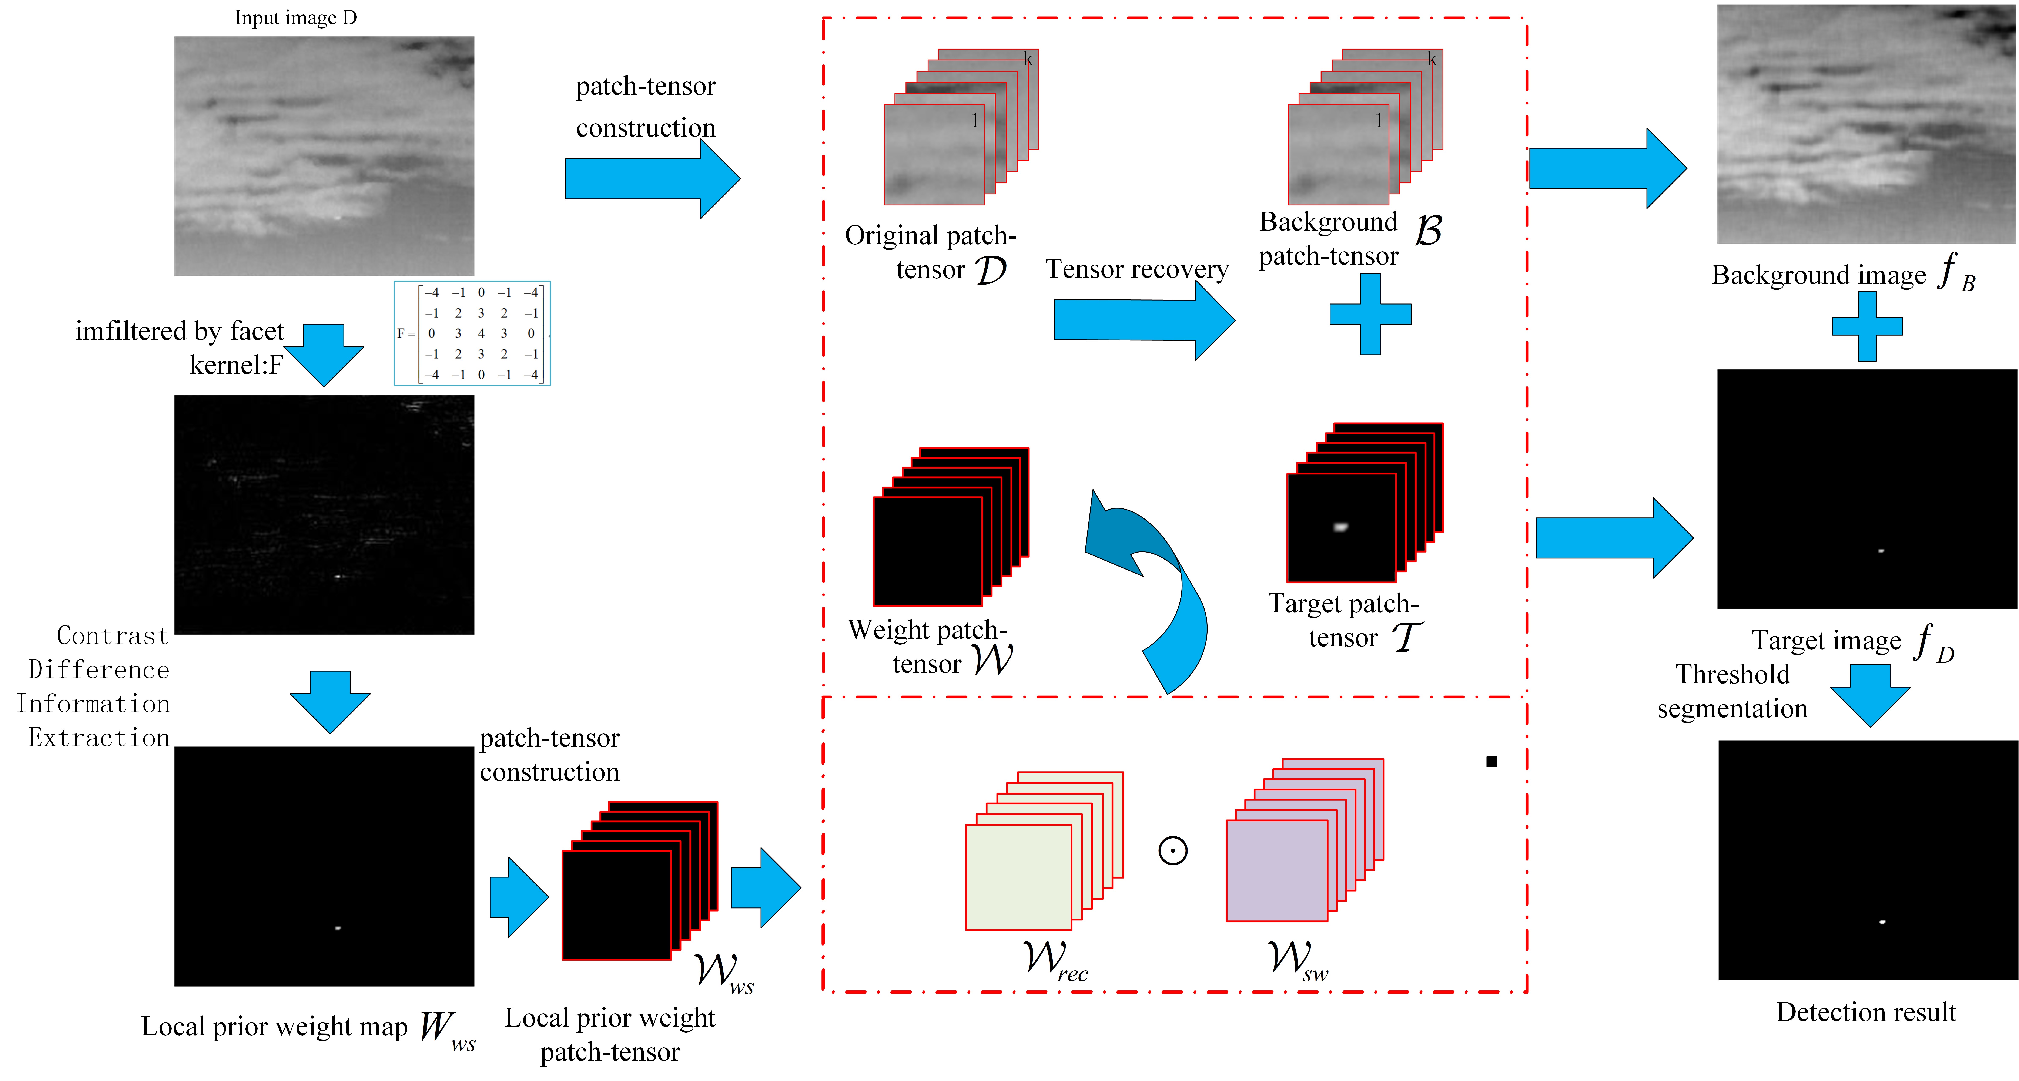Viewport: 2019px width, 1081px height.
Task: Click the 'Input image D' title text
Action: tap(295, 17)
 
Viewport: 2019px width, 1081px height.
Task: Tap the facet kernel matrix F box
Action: tap(472, 333)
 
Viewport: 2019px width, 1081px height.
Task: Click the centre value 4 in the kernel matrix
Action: tap(481, 333)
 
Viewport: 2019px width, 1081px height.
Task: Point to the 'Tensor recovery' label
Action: tap(1136, 269)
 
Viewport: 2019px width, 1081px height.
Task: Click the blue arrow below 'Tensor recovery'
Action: tap(1144, 320)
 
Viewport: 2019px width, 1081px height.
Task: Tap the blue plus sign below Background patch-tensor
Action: tap(1370, 313)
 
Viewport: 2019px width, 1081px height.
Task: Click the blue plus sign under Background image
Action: tap(1867, 326)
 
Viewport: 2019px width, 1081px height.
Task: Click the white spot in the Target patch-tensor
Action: tap(1341, 527)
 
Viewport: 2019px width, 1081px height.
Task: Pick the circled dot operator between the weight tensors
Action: tap(1172, 850)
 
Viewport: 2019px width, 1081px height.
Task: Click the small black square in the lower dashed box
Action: tap(1491, 761)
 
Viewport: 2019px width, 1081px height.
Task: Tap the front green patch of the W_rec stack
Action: tap(1018, 877)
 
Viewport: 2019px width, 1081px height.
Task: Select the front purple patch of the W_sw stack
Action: tap(1277, 870)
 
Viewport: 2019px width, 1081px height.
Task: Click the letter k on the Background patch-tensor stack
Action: tap(1432, 59)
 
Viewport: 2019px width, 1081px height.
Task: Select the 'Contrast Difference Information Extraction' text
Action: tap(93, 687)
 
